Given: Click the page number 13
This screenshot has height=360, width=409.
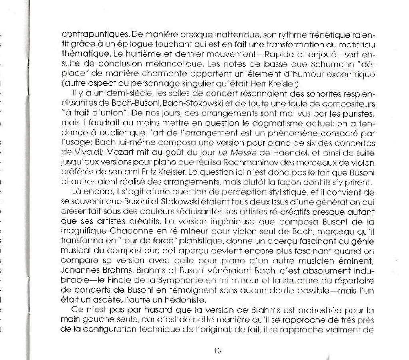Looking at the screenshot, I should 217,351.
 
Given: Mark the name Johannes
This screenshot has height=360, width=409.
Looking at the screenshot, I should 79,270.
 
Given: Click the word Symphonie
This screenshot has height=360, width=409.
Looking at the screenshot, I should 176,280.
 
